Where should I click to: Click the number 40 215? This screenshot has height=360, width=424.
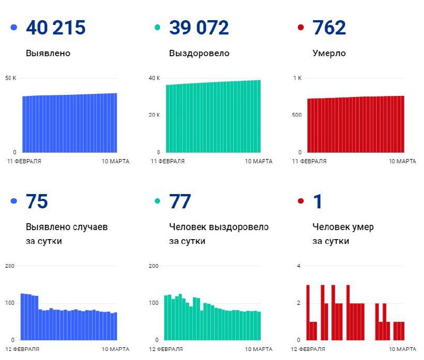[x=56, y=28]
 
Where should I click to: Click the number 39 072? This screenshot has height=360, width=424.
[x=199, y=28]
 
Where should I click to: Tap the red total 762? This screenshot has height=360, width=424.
[x=329, y=28]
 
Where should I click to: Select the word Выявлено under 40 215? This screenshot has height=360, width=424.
[x=48, y=53]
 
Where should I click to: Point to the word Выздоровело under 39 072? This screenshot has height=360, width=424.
[x=199, y=53]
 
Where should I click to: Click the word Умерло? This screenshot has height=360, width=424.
[x=329, y=53]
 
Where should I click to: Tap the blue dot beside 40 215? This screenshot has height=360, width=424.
[x=14, y=28]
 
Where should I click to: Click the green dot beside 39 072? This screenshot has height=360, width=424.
[x=157, y=28]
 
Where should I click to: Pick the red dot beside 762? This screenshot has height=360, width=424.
[x=301, y=28]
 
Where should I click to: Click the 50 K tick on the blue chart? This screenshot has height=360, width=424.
[x=11, y=78]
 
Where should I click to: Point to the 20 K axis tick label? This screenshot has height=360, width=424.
[x=155, y=115]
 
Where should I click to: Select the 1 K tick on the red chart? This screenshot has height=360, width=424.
[x=297, y=78]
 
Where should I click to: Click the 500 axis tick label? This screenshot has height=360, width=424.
[x=296, y=115]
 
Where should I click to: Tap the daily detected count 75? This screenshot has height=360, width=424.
[x=37, y=201]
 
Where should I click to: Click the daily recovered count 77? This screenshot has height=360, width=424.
[x=180, y=201]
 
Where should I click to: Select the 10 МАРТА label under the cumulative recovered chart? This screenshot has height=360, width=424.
[x=259, y=161]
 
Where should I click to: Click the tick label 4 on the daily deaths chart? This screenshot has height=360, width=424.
[x=299, y=266]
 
